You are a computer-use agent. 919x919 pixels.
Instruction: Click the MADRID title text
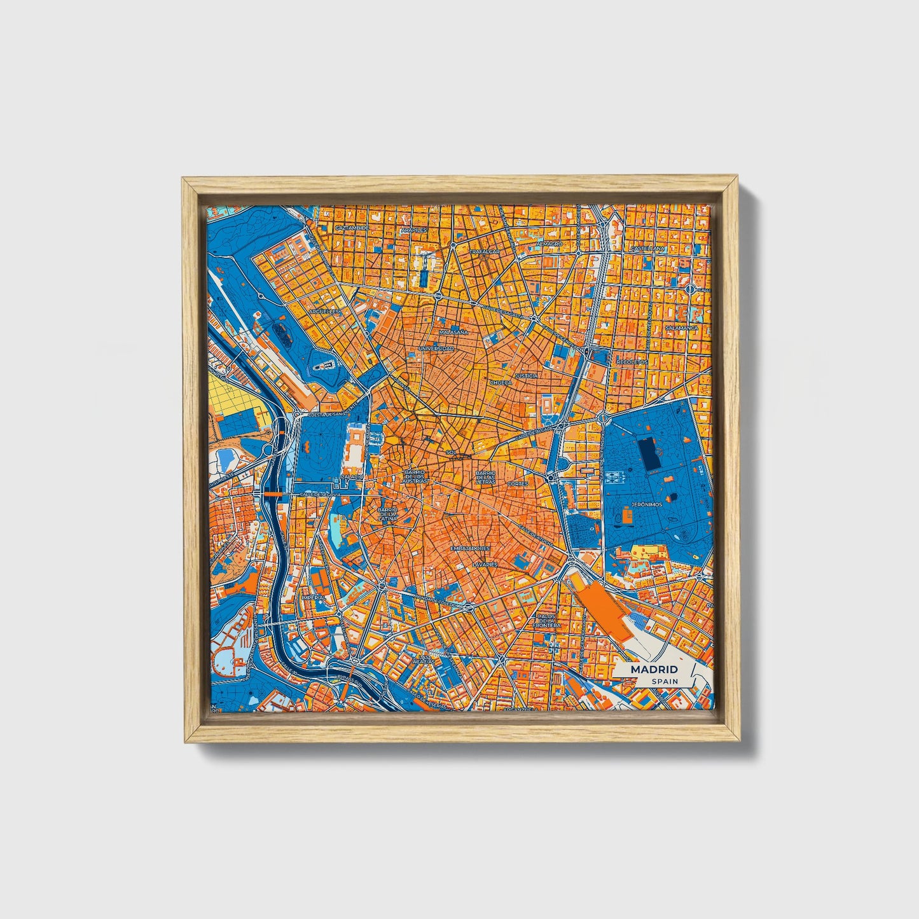point(654,670)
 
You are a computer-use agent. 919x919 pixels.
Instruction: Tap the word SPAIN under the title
point(664,681)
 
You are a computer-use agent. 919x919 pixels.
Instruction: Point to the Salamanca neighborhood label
point(681,328)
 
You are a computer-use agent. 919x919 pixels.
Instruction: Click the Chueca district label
point(501,383)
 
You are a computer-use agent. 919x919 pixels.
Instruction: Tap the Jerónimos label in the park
point(646,504)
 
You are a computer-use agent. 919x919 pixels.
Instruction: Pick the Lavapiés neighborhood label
point(485,564)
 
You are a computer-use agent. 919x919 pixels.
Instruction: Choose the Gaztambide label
point(352,228)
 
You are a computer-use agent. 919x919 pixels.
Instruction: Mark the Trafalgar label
point(485,252)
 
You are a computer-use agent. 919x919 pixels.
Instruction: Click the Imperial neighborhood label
point(314,598)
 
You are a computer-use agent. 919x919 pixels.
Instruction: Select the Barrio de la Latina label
point(387,514)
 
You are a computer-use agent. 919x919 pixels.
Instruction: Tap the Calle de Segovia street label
point(318,494)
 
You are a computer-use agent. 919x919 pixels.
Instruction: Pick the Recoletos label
point(632,362)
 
